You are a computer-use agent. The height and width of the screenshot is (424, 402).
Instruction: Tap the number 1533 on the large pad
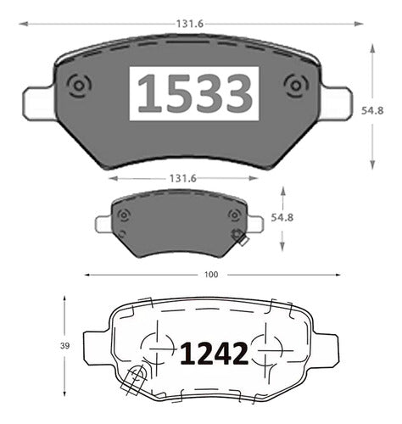click(195, 94)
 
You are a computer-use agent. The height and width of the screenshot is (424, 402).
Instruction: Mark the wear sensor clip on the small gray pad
click(239, 239)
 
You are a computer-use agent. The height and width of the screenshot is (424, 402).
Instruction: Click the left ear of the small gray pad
click(103, 223)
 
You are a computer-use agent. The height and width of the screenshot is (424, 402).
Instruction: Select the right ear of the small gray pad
click(253, 223)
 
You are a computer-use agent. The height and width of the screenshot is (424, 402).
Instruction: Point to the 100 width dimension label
click(212, 275)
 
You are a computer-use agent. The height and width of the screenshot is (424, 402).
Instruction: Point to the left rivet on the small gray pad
click(123, 215)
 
